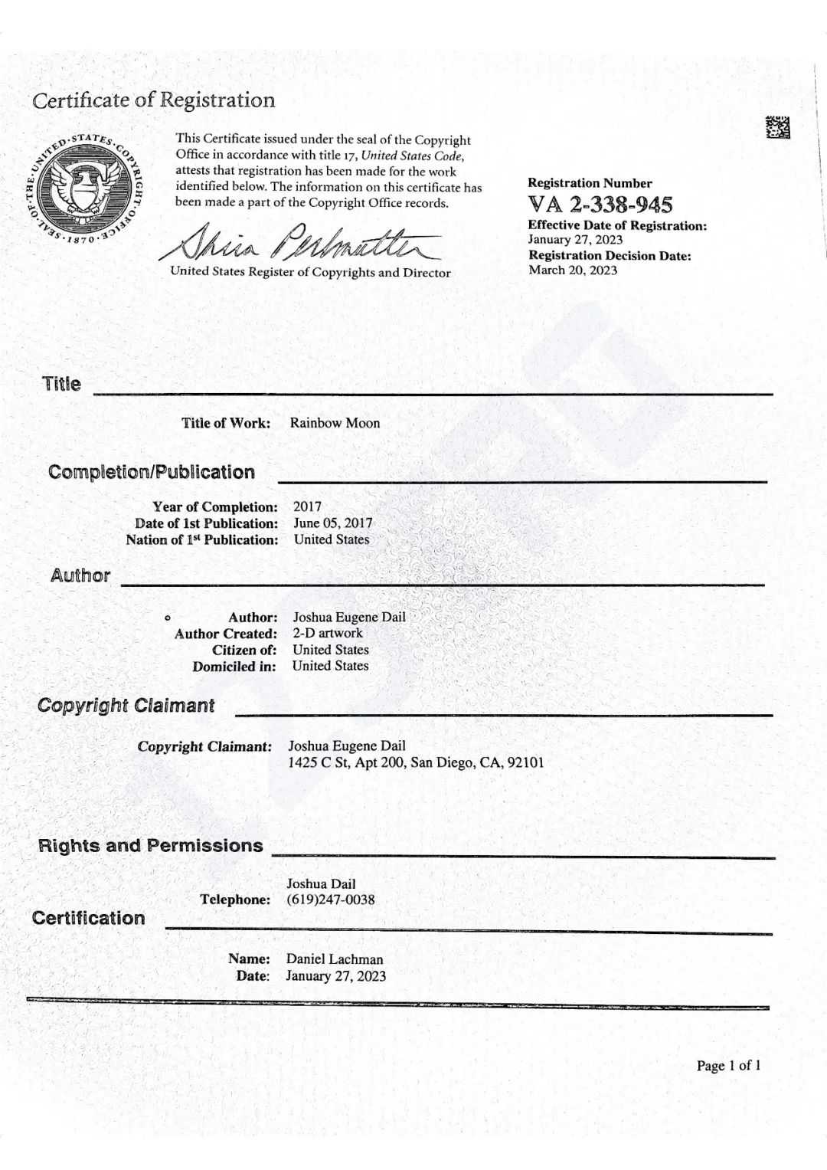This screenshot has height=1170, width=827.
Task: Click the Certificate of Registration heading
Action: pyautogui.click(x=153, y=100)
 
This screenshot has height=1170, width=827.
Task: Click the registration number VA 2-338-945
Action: pyautogui.click(x=600, y=205)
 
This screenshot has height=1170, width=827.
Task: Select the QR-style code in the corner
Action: pyautogui.click(x=777, y=127)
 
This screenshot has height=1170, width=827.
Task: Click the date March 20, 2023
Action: pyautogui.click(x=573, y=270)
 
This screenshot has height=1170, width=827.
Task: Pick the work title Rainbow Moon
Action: pyautogui.click(x=335, y=423)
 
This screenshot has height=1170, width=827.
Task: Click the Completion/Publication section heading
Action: pyautogui.click(x=152, y=472)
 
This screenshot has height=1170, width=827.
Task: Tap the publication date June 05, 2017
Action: pyautogui.click(x=333, y=523)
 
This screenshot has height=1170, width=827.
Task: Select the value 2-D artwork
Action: pyautogui.click(x=328, y=633)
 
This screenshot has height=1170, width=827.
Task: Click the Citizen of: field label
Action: pyautogui.click(x=244, y=650)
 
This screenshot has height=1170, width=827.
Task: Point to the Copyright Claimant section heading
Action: pyautogui.click(x=126, y=706)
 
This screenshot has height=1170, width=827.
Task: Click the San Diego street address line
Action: pyautogui.click(x=416, y=762)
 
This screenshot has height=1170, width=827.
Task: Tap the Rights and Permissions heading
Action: pyautogui.click(x=151, y=846)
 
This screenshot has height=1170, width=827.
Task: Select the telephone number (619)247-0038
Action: pyautogui.click(x=331, y=900)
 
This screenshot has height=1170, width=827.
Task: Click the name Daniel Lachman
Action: pyautogui.click(x=335, y=959)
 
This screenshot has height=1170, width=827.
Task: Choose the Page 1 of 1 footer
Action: pyautogui.click(x=728, y=1065)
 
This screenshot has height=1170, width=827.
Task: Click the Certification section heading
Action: pyautogui.click(x=89, y=918)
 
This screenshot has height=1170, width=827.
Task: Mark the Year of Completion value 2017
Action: pyautogui.click(x=307, y=506)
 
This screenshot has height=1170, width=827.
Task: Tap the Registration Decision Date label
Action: pyautogui.click(x=610, y=255)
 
